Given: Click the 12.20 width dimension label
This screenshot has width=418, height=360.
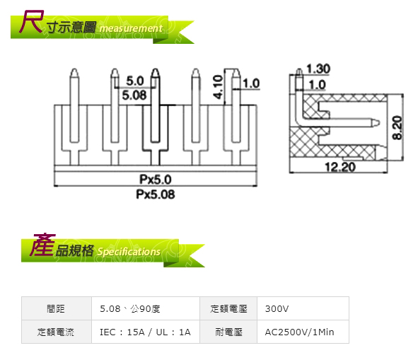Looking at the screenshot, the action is coord(340,167).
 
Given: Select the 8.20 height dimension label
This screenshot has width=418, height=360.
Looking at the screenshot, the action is coord(397,128).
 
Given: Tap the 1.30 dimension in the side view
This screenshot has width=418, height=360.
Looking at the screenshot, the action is coord(318,69).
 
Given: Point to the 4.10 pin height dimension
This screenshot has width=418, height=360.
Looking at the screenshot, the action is coord(218,87).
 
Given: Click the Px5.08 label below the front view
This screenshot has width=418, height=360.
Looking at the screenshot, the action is coord(156,194).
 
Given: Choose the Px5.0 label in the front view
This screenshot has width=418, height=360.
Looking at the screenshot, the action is coord(156,180).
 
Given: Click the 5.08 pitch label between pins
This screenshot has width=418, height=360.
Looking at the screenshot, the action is coord(134,95).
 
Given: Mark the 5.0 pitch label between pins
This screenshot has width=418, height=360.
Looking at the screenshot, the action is coord(135,81).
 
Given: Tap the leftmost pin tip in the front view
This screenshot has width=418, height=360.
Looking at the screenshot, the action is coord(74,69).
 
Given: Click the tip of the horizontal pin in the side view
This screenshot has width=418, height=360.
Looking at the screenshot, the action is coord(379,122).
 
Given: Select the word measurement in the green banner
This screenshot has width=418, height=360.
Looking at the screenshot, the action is coord(131,28).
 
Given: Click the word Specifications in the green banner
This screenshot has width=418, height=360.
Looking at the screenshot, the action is coord(129,252).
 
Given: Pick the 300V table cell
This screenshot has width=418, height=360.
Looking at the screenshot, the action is coord(303,308).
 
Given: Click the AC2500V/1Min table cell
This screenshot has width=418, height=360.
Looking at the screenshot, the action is coord(303,332).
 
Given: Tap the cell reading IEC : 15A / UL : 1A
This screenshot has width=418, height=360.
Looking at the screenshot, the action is coord(146,332).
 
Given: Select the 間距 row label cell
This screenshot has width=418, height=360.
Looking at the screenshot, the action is coord(57,308).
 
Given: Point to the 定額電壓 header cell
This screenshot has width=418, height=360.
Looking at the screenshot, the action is coord(228,308).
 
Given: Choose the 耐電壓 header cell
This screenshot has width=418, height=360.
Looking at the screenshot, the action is coord(228,332).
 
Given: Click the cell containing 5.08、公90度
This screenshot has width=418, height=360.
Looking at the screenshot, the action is coord(146,308).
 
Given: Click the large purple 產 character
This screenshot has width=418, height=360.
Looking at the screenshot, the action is coord(42,245).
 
